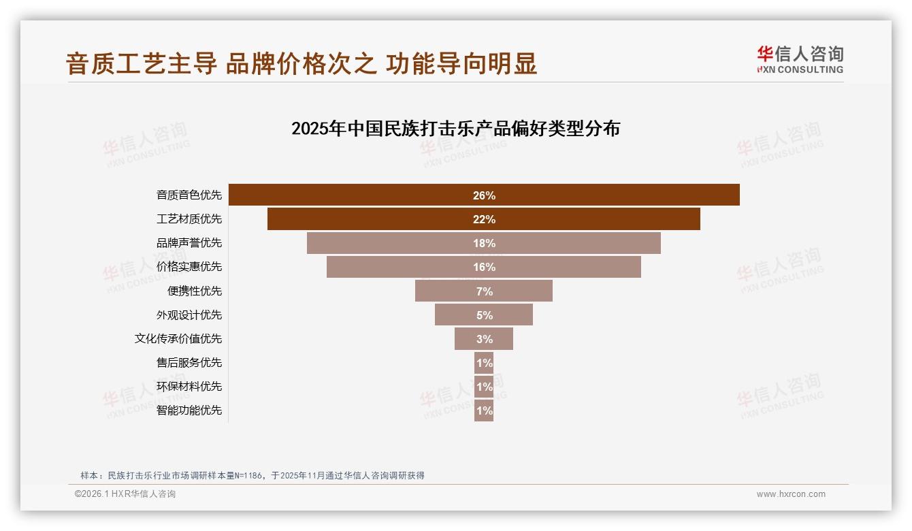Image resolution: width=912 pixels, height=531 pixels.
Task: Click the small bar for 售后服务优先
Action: (484, 363)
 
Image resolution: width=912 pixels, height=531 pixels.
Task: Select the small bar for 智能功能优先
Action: (484, 411)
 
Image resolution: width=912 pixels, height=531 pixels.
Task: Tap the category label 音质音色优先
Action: (189, 195)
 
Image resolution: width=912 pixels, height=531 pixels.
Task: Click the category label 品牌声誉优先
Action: (189, 243)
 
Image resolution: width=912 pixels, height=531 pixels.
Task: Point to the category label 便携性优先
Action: (195, 291)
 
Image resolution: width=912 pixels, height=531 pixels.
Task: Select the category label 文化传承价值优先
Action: (178, 339)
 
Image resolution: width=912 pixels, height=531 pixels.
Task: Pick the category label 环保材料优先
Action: (189, 387)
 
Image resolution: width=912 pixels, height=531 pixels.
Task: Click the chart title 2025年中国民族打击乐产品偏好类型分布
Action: (455, 129)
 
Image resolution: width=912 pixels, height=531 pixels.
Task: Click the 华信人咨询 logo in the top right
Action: (800, 60)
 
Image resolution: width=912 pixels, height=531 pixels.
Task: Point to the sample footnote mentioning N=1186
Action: (253, 475)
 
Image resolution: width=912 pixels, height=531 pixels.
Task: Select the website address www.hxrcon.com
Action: (791, 494)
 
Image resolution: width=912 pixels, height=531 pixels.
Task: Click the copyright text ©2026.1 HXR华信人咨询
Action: (125, 494)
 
